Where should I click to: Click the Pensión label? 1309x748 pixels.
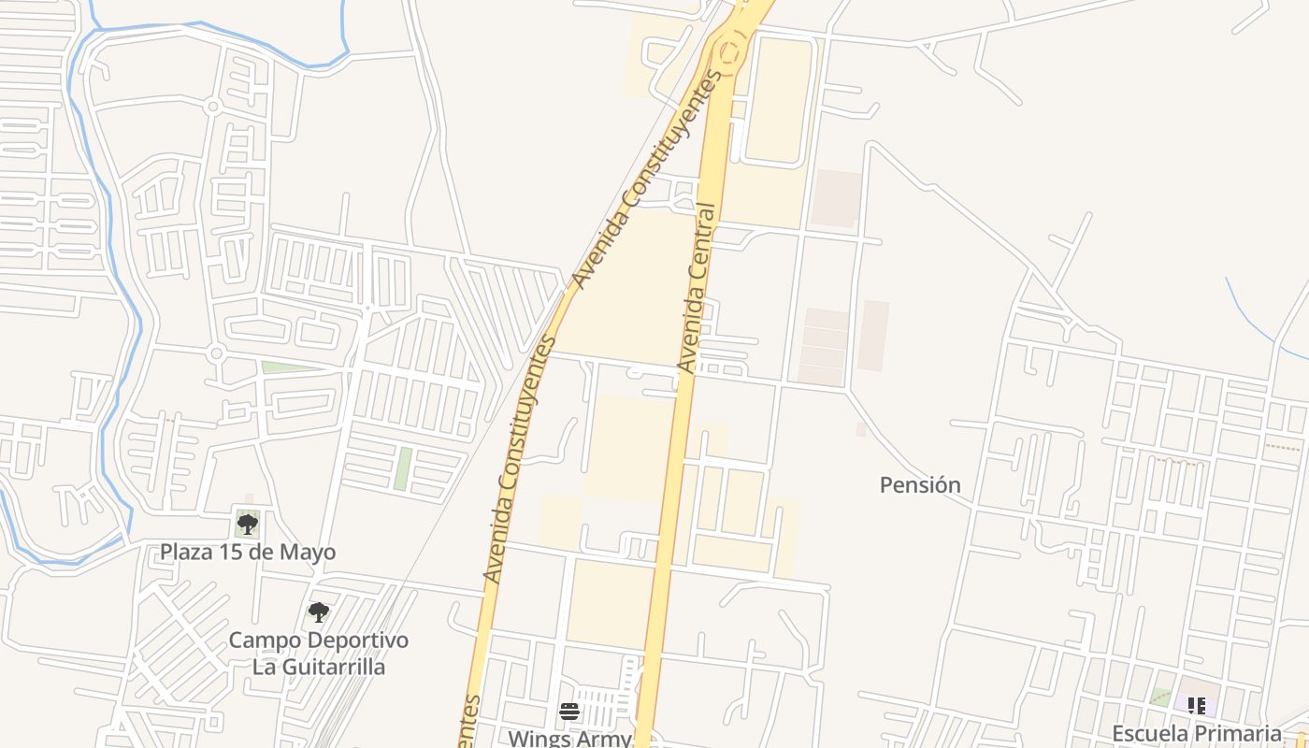pos(920,484)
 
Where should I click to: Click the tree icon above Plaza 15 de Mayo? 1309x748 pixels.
pos(247,523)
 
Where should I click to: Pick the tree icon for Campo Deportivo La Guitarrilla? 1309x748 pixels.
pos(319,612)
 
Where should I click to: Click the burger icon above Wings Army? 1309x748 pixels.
pos(569,712)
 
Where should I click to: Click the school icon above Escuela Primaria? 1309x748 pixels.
pos(1196,706)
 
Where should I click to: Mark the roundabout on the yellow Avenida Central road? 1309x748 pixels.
pos(728,46)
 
